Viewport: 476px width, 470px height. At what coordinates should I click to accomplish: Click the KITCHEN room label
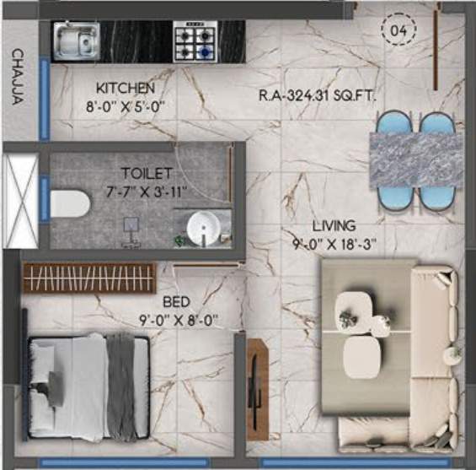coord(125,88)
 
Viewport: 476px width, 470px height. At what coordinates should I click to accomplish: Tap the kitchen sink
coord(76,40)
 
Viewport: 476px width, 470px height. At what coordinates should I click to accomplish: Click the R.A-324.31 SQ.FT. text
coord(316,95)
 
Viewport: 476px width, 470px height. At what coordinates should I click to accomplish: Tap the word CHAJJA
coord(17,77)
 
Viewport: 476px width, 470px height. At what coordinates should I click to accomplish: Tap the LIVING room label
coord(334,226)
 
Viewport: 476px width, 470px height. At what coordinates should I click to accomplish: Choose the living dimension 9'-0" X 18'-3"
coord(335,244)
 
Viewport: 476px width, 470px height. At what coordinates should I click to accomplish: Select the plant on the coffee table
coord(348,316)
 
